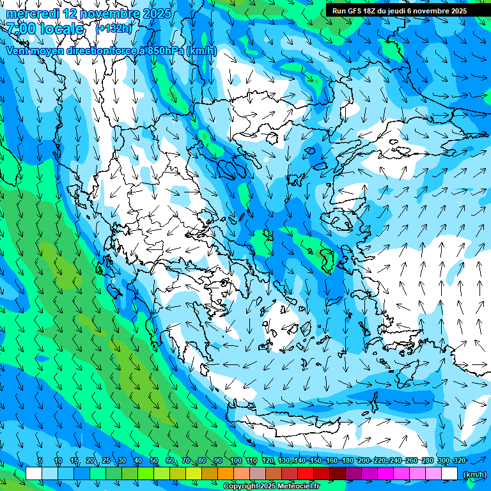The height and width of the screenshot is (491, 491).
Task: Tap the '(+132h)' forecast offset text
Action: (113, 28)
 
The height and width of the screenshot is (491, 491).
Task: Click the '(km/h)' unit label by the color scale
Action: (474, 474)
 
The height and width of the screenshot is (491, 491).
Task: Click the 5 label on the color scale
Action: (40, 461)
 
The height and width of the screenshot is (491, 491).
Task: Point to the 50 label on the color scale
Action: (154, 461)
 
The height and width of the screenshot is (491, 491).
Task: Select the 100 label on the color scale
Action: (235, 461)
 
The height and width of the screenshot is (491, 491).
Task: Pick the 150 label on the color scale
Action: (315, 461)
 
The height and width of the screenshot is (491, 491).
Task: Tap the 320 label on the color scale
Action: (459, 461)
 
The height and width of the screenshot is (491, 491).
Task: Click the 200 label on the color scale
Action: (363, 461)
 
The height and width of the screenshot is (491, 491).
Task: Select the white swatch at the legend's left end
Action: (34, 474)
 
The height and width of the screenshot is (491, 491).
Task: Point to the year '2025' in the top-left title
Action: (157, 13)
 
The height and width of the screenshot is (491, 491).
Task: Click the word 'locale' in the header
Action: (62, 29)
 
